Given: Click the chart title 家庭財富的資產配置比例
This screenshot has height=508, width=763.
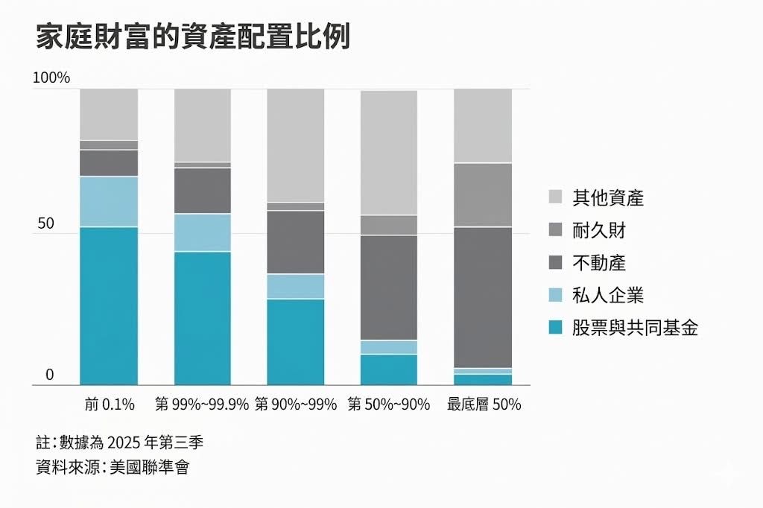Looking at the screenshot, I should [x=192, y=37].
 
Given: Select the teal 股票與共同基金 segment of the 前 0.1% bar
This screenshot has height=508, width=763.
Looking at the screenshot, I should [x=109, y=305].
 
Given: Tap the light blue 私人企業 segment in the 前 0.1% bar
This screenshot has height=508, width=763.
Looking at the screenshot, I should [x=109, y=201].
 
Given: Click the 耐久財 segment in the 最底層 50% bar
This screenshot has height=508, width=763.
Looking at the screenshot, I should [x=483, y=194].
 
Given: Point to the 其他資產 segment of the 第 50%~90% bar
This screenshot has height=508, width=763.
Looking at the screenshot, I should [x=389, y=153].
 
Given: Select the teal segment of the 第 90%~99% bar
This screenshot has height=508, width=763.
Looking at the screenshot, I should [x=296, y=341].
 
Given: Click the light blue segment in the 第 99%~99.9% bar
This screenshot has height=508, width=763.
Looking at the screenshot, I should [x=203, y=232].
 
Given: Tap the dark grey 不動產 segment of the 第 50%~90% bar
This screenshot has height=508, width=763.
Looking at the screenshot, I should [x=389, y=287].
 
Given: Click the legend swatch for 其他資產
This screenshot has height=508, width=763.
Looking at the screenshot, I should [x=555, y=197].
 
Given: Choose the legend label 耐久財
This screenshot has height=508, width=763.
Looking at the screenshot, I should [x=599, y=230].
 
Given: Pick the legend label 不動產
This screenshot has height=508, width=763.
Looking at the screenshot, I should [x=599, y=263].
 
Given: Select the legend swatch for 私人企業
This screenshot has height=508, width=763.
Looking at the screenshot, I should [x=555, y=295].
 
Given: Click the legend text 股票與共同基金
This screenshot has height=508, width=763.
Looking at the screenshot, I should [x=636, y=328].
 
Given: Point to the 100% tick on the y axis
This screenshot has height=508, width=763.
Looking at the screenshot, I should [x=51, y=77].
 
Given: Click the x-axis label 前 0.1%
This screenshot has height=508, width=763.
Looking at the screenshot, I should [x=110, y=404].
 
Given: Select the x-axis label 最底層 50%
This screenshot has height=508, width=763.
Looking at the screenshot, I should [x=484, y=404].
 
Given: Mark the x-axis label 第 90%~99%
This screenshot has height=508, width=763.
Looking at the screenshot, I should [x=296, y=404].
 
